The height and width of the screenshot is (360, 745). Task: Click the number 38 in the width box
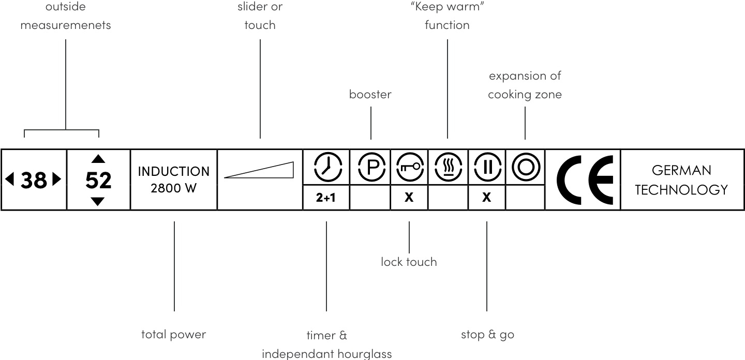pos(34,180)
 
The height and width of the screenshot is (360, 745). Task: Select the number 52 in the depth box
pos(98,180)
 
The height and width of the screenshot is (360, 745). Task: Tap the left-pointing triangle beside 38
pos(9,179)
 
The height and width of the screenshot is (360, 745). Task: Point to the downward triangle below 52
pos(98,202)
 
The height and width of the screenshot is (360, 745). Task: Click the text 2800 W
pos(174,188)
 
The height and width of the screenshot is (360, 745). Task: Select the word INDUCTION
pos(174,171)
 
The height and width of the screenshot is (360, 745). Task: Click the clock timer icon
pos(326,167)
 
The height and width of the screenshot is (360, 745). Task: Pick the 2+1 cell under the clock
pos(326,198)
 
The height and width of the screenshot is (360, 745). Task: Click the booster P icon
pos(370,167)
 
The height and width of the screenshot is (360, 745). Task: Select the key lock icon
pos(409,167)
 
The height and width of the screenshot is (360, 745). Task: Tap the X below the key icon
pos(409,198)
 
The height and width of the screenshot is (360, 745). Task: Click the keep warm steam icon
pos(448,167)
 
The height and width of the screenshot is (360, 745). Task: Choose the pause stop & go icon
pos(486,167)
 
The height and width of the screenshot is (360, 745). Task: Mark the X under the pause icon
pos(486,198)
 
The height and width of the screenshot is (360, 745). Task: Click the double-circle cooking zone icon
pos(525,167)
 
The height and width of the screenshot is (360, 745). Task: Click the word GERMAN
pos(681,170)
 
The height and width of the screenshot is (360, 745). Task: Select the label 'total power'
pos(174,335)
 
